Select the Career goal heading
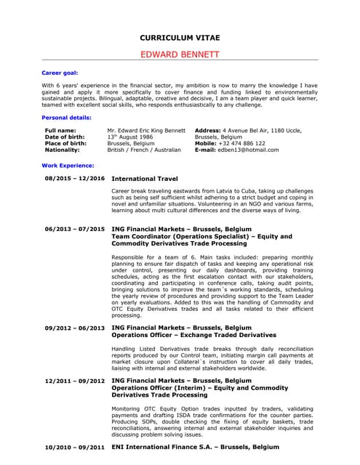pyautogui.click(x=60, y=73)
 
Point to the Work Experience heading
pyautogui.click(x=68, y=166)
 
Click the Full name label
pyautogui.click(x=60, y=130)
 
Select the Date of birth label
pyautogui.click(x=65, y=137)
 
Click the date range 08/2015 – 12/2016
pyautogui.click(x=74, y=178)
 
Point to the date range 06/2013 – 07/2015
pyautogui.click(x=74, y=229)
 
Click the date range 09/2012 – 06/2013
pyautogui.click(x=74, y=328)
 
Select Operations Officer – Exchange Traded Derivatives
pyautogui.click(x=193, y=336)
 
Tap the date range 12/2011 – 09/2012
pyautogui.click(x=74, y=381)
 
